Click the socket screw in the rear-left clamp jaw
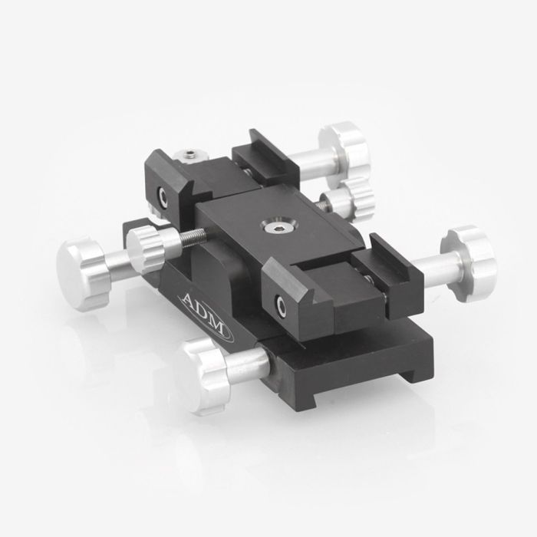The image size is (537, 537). click(162, 196)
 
